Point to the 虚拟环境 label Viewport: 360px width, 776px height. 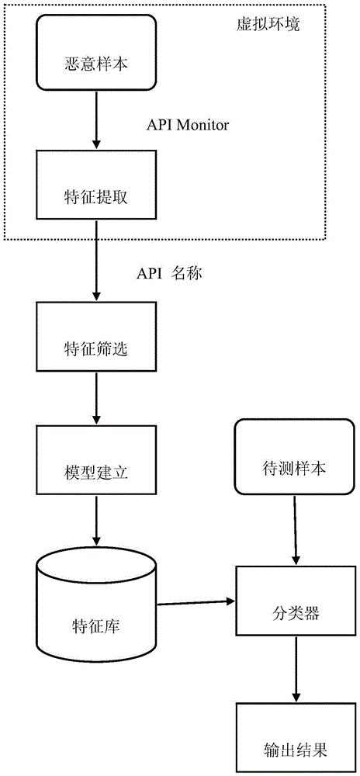coord(268,23)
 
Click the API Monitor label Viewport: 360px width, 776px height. coord(188,125)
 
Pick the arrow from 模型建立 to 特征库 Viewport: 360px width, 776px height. coord(95,520)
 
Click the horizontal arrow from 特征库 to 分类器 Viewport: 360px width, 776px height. coord(194,601)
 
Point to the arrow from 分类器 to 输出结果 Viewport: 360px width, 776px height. coord(293,670)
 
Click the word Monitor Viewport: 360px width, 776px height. coord(203,125)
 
